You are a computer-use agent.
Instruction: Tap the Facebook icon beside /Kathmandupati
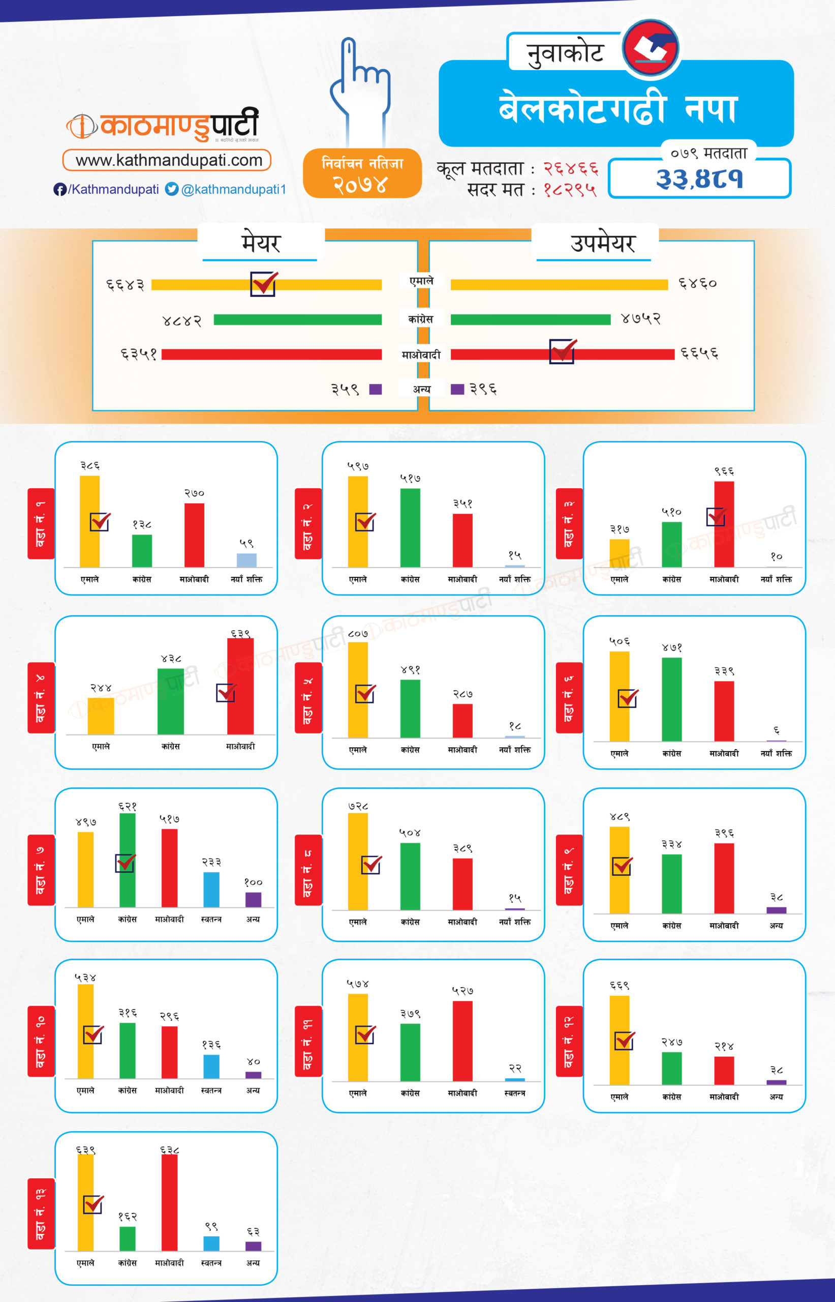click(x=59, y=189)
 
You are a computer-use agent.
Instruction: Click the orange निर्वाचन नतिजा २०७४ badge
click(x=362, y=173)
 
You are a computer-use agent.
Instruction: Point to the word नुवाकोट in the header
click(x=565, y=53)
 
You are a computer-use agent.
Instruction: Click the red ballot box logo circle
click(x=651, y=48)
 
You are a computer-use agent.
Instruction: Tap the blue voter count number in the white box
click(x=699, y=179)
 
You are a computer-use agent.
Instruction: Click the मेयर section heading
click(x=261, y=243)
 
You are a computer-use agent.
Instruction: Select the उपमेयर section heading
click(x=602, y=243)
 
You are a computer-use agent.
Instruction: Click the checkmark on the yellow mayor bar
click(x=264, y=284)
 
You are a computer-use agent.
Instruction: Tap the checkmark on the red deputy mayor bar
click(x=562, y=351)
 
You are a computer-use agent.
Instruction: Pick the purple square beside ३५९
click(x=375, y=389)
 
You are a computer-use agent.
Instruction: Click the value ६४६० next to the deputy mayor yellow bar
click(x=697, y=283)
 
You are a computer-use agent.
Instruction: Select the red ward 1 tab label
click(x=41, y=523)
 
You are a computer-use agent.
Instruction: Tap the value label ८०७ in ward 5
click(x=358, y=633)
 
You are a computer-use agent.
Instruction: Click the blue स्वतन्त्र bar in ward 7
click(x=211, y=890)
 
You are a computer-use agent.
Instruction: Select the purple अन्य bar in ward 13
click(x=253, y=1246)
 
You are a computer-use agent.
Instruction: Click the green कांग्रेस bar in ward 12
click(x=671, y=1068)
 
